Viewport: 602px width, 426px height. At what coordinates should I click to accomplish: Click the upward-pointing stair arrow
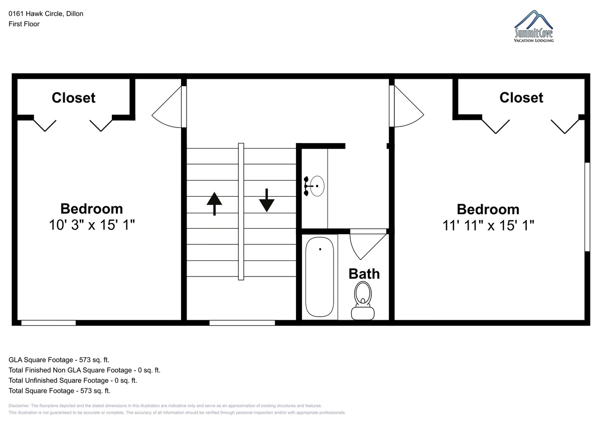point(214,204)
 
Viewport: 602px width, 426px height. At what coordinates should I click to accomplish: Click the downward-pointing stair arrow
point(266,201)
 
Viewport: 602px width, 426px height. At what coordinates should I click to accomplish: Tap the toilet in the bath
point(363,301)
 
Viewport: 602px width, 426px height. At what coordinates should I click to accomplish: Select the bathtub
point(320,277)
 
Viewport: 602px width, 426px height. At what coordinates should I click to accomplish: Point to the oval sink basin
point(317,186)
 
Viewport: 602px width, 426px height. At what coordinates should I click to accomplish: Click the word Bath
point(364,274)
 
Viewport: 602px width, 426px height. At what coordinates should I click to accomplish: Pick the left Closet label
point(73,97)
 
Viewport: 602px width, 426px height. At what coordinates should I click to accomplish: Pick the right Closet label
point(521,97)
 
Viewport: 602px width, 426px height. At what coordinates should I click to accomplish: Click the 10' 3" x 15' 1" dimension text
point(92,225)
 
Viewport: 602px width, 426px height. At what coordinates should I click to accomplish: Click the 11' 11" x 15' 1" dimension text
point(488,225)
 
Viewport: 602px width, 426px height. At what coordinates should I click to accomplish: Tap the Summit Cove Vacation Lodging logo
point(534,26)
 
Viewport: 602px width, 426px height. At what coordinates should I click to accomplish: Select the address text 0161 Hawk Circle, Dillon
point(46,14)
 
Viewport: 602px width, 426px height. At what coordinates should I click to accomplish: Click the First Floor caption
point(24,24)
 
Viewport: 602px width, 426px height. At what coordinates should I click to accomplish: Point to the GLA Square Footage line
point(59,360)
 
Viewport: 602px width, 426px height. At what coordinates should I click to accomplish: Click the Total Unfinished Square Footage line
point(73,380)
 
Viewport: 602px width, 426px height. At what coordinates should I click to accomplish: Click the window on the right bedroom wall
point(587,207)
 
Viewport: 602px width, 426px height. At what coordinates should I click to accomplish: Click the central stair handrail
point(241,212)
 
